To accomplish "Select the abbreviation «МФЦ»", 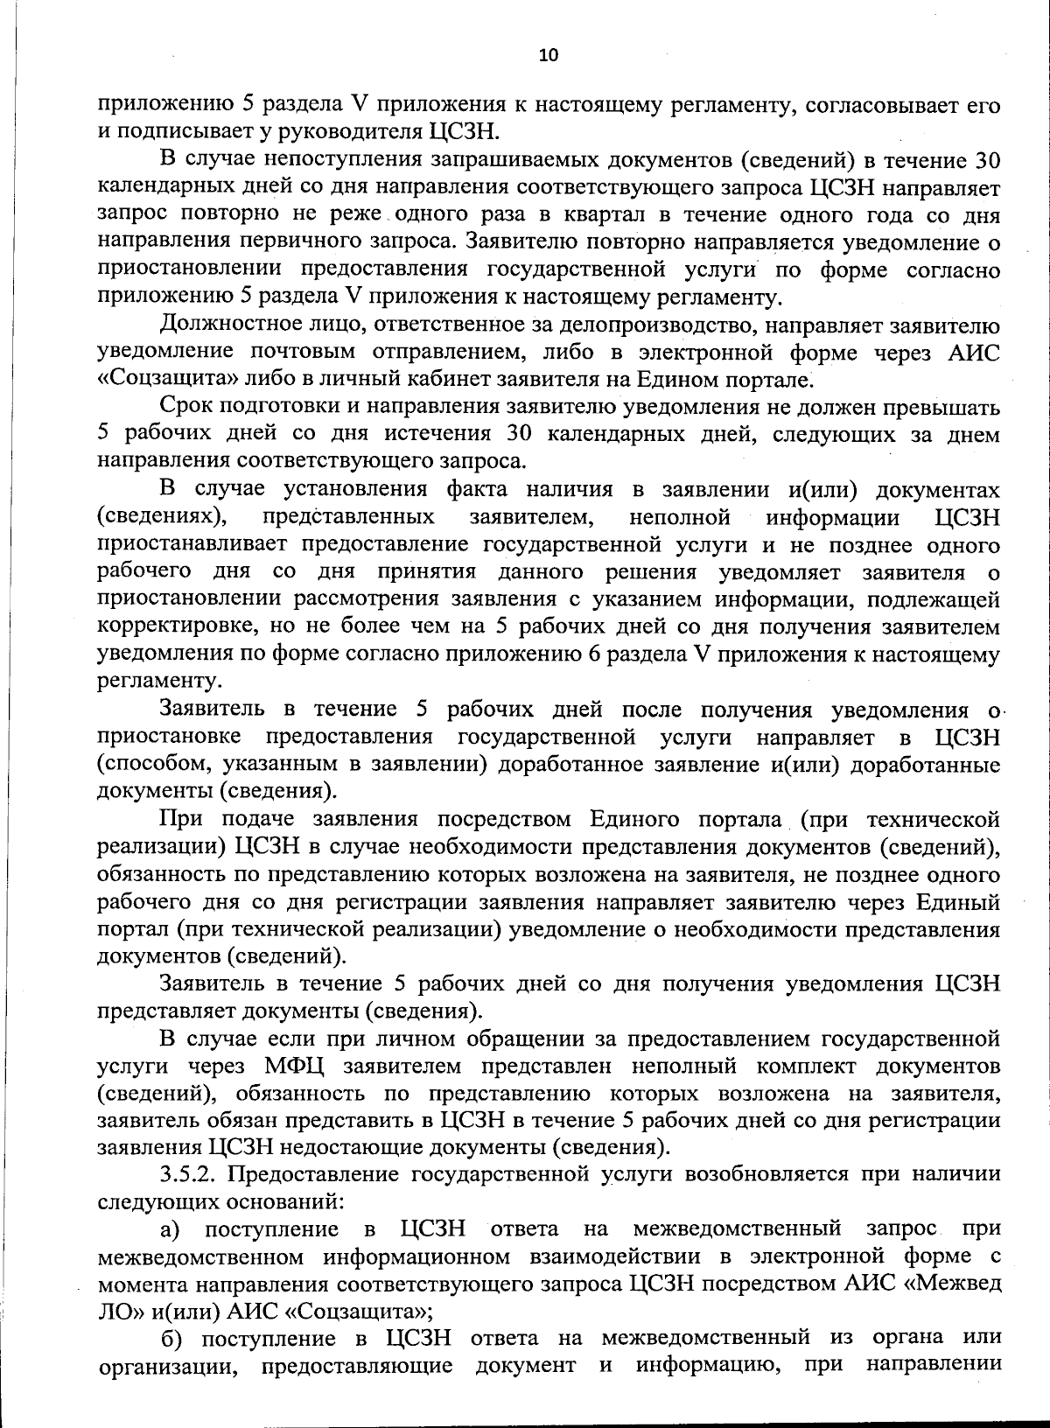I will (295, 1066).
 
